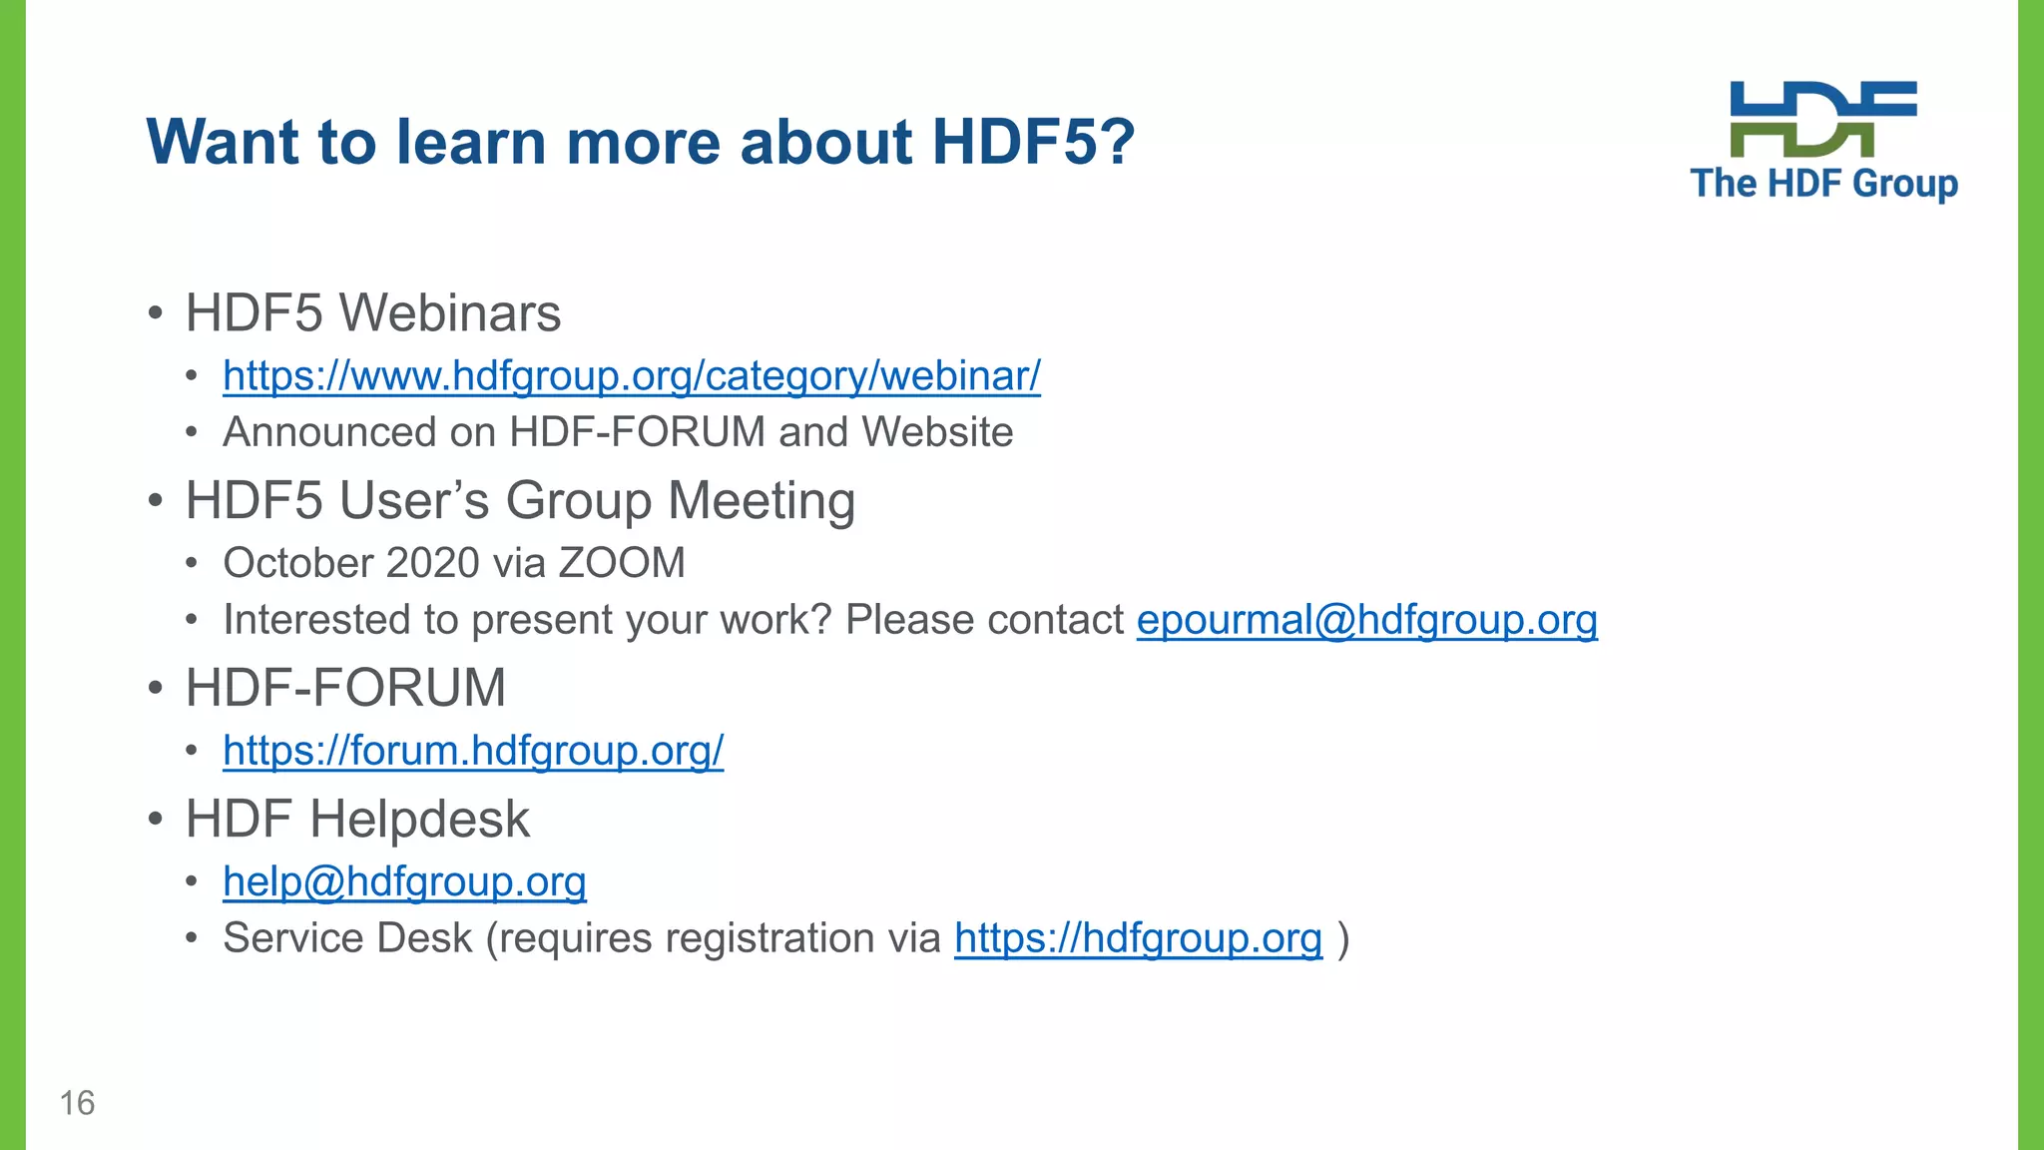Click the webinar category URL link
pyautogui.click(x=631, y=376)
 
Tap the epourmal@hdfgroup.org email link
pyautogui.click(x=1366, y=620)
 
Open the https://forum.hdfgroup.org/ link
pyautogui.click(x=473, y=751)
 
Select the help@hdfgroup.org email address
pyautogui.click(x=404, y=881)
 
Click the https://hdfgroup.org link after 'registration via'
pyautogui.click(x=1138, y=938)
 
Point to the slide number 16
pyautogui.click(x=77, y=1103)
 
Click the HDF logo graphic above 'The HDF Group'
pyautogui.click(x=1822, y=119)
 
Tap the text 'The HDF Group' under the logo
pyautogui.click(x=1823, y=184)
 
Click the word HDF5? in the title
pyautogui.click(x=1033, y=142)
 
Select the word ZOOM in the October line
pyautogui.click(x=622, y=563)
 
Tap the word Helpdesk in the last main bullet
pyautogui.click(x=419, y=820)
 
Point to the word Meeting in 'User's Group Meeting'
pyautogui.click(x=762, y=501)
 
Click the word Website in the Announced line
pyautogui.click(x=937, y=432)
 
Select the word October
pyautogui.click(x=298, y=563)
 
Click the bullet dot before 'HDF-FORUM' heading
pyautogui.click(x=155, y=689)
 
